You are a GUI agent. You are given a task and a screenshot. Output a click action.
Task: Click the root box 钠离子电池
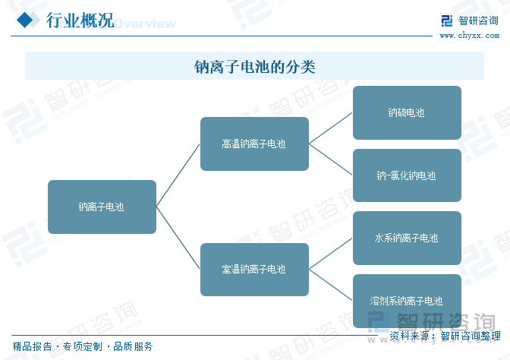[x=102, y=207]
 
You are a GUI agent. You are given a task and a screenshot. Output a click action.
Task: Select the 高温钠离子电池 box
[x=254, y=144]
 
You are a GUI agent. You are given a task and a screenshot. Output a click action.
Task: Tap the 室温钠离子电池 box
[x=254, y=270]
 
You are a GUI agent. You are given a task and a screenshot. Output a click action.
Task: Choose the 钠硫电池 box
[x=407, y=112]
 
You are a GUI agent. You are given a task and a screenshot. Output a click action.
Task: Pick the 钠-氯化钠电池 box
[x=407, y=175]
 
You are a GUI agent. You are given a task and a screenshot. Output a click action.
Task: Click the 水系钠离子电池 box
[x=407, y=238]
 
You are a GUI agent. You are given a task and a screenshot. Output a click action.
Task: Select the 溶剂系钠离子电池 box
[x=407, y=301]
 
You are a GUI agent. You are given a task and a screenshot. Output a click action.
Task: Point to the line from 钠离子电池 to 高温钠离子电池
[x=178, y=175]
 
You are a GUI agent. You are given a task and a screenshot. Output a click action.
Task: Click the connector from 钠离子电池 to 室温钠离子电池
[x=178, y=238]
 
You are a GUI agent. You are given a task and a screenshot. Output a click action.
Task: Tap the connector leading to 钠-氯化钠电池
[x=331, y=159]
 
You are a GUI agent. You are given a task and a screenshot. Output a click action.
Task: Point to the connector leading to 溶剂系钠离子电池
[x=331, y=285]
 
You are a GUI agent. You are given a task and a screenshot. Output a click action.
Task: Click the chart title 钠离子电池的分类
[x=254, y=67]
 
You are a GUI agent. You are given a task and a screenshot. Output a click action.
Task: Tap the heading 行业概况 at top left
[x=80, y=21]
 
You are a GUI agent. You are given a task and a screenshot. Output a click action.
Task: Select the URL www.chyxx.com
[x=468, y=35]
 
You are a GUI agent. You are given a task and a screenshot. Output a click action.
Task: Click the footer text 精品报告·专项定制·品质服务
[x=83, y=346]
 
